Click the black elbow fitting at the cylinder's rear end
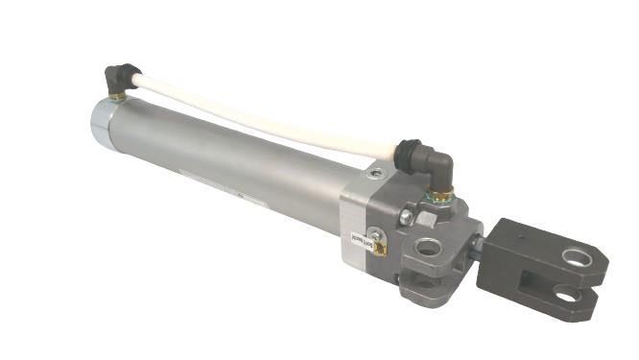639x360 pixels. pyautogui.click(x=119, y=77)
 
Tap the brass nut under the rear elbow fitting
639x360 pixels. pyautogui.click(x=115, y=97)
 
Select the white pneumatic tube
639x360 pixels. pyautogui.click(x=259, y=122)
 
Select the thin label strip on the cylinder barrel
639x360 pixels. pyautogui.click(x=240, y=199)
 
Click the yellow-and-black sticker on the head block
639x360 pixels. pyautogui.click(x=381, y=249)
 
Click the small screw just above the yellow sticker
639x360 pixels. pyautogui.click(x=376, y=233)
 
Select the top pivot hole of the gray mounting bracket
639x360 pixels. pyautogui.click(x=429, y=249)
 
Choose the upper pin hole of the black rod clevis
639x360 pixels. pyautogui.click(x=577, y=256)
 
